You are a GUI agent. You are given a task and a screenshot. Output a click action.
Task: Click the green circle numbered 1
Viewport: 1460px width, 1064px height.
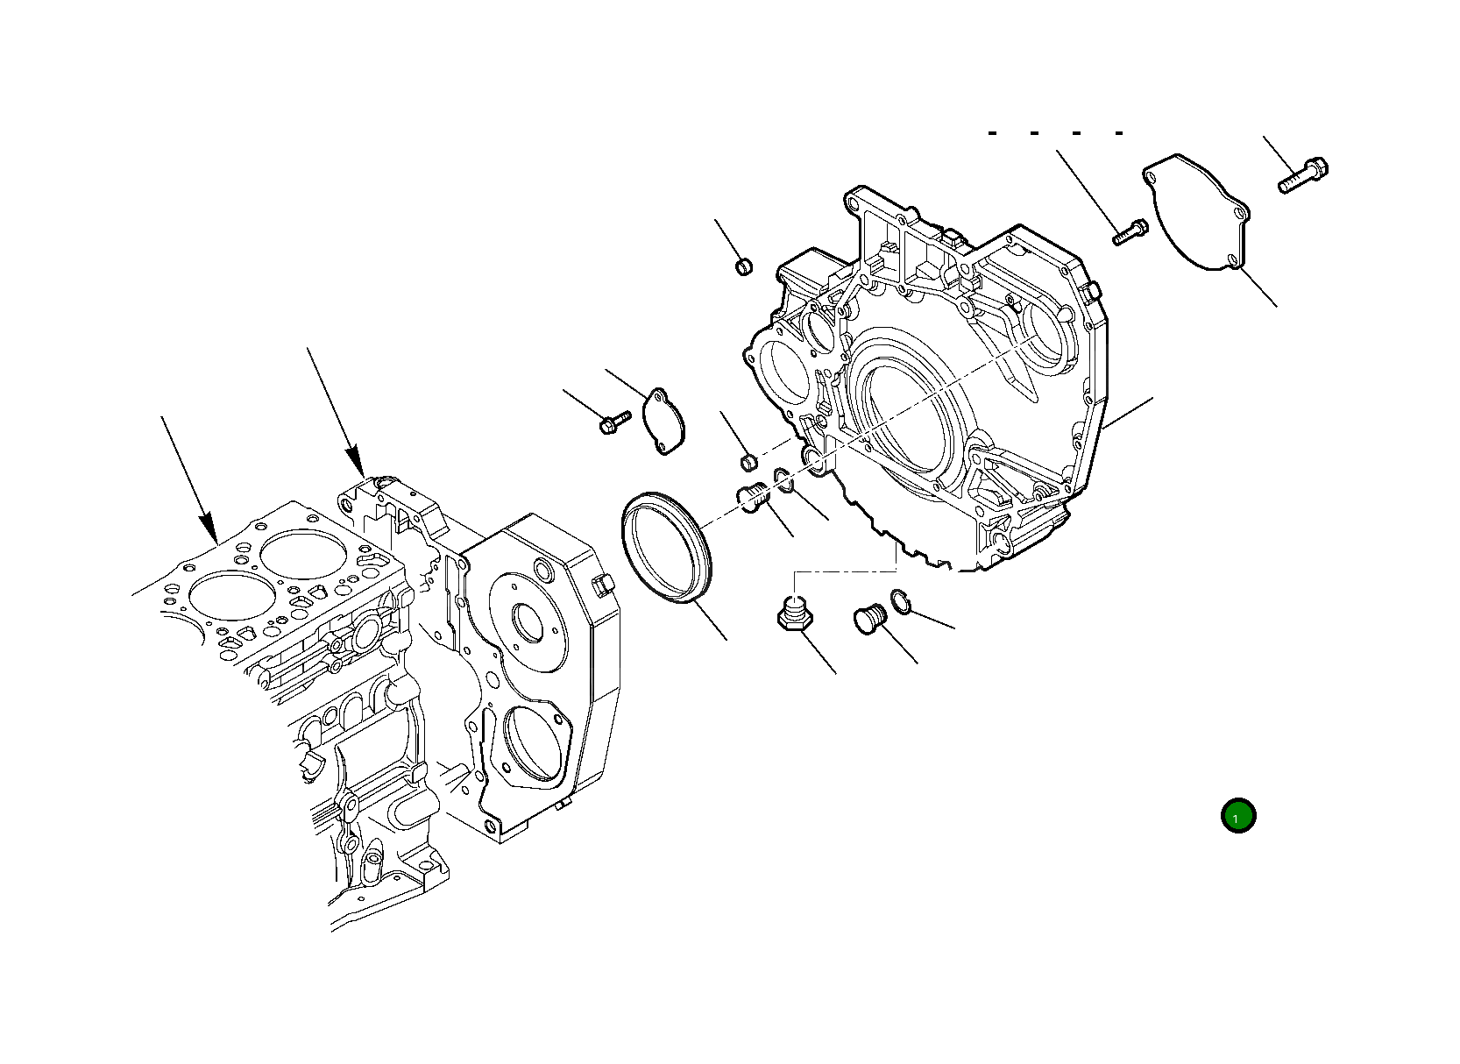[x=1238, y=816]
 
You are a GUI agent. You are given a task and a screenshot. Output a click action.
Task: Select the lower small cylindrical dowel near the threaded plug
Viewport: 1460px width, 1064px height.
[x=749, y=461]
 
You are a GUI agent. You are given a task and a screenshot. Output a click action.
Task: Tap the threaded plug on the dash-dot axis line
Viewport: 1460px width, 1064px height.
[x=754, y=500]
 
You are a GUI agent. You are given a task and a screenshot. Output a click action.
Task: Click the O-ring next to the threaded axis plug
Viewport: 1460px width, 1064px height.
[x=783, y=480]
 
